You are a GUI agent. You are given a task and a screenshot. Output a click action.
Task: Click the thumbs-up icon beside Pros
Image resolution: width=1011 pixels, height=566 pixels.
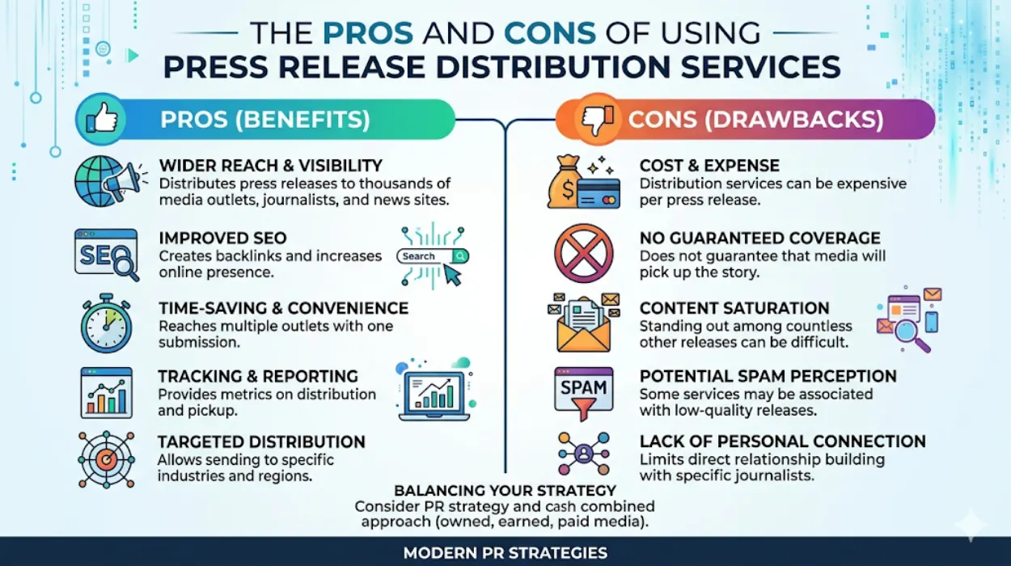[101, 120]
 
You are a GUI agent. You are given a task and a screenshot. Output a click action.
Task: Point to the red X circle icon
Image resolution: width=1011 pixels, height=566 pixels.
[583, 252]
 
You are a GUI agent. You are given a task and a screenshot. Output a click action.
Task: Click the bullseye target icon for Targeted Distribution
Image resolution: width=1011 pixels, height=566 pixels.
[106, 459]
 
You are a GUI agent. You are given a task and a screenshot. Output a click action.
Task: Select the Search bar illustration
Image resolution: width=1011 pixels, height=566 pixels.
[432, 256]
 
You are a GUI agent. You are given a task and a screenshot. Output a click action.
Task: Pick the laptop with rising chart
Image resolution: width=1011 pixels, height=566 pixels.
[434, 392]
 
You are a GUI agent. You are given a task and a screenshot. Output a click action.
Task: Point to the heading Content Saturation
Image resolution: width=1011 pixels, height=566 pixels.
[734, 308]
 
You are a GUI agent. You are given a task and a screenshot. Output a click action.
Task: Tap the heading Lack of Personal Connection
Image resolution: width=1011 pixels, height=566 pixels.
[782, 441]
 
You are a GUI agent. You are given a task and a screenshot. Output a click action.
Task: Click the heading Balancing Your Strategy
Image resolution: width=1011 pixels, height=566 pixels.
[505, 491]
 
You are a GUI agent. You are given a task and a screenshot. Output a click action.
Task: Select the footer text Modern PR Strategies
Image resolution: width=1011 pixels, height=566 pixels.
[505, 554]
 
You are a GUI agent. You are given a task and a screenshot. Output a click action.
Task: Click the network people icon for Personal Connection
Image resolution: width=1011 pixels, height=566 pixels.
[583, 454]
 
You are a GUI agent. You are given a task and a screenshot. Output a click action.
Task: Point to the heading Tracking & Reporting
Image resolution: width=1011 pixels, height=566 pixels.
[258, 376]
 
